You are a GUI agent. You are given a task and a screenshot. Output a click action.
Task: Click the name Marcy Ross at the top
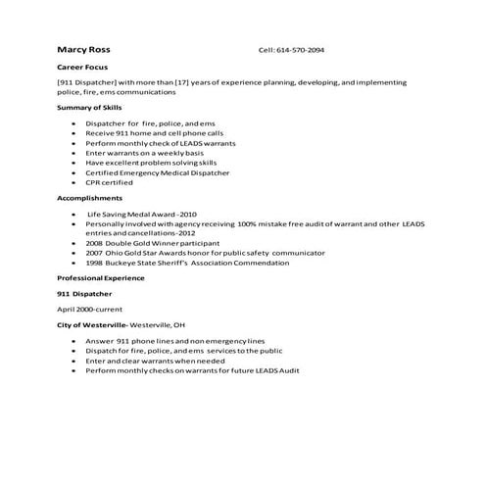(x=83, y=50)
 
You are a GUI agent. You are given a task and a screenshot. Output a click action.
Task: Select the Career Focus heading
(x=81, y=68)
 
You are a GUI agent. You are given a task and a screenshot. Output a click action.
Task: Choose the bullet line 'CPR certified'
(x=110, y=182)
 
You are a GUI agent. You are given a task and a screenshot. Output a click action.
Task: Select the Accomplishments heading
(x=90, y=197)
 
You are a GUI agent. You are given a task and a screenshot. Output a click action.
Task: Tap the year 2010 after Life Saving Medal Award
(x=187, y=214)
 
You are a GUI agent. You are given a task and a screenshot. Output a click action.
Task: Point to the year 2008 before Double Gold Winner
(x=94, y=242)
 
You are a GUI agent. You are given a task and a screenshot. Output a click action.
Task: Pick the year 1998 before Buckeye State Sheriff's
(x=94, y=262)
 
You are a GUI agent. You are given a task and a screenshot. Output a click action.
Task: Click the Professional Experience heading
(x=101, y=278)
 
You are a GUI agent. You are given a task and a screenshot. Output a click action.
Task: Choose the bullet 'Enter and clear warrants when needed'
(x=154, y=361)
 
